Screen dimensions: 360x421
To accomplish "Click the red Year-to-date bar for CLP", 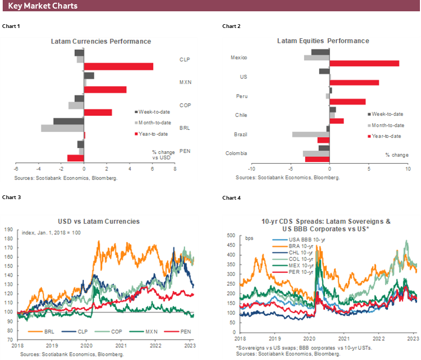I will pos(118,66).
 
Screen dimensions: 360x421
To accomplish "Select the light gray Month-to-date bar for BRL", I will pos(62,128).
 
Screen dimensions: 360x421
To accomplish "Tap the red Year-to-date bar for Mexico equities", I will pos(364,63).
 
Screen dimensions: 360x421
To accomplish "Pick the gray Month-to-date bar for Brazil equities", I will pos(311,134).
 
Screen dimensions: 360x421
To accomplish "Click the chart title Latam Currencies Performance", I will pos(101,41).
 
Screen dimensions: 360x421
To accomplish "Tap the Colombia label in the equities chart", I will pos(238,153).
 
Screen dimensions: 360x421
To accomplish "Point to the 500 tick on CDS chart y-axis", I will pos(230,236).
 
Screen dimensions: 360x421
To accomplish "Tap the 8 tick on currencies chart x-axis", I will pos(174,168).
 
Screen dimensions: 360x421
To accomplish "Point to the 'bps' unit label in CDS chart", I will pos(250,237).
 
